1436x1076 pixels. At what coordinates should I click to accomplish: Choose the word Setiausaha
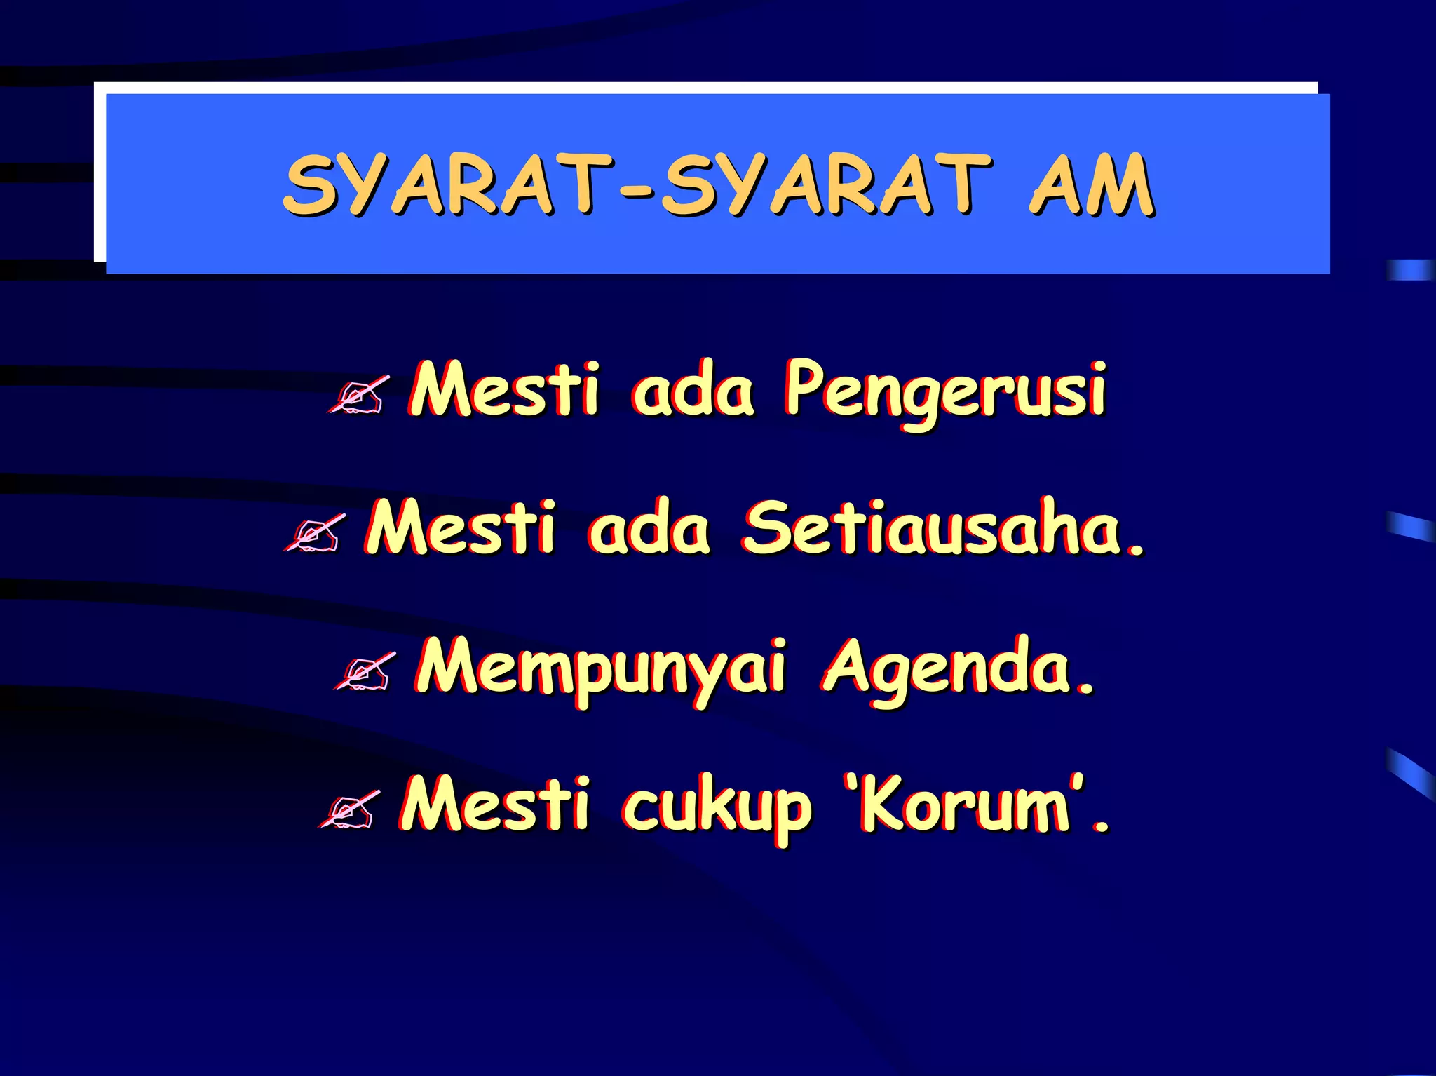933,527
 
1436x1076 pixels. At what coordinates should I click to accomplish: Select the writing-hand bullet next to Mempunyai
364,672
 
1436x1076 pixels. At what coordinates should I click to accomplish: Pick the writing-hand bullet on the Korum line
348,810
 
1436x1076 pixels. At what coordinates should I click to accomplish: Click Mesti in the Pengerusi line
505,389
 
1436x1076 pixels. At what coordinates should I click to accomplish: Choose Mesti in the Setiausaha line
461,527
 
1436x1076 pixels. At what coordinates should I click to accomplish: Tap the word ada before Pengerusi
693,390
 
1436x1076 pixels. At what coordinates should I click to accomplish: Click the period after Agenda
1086,687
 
